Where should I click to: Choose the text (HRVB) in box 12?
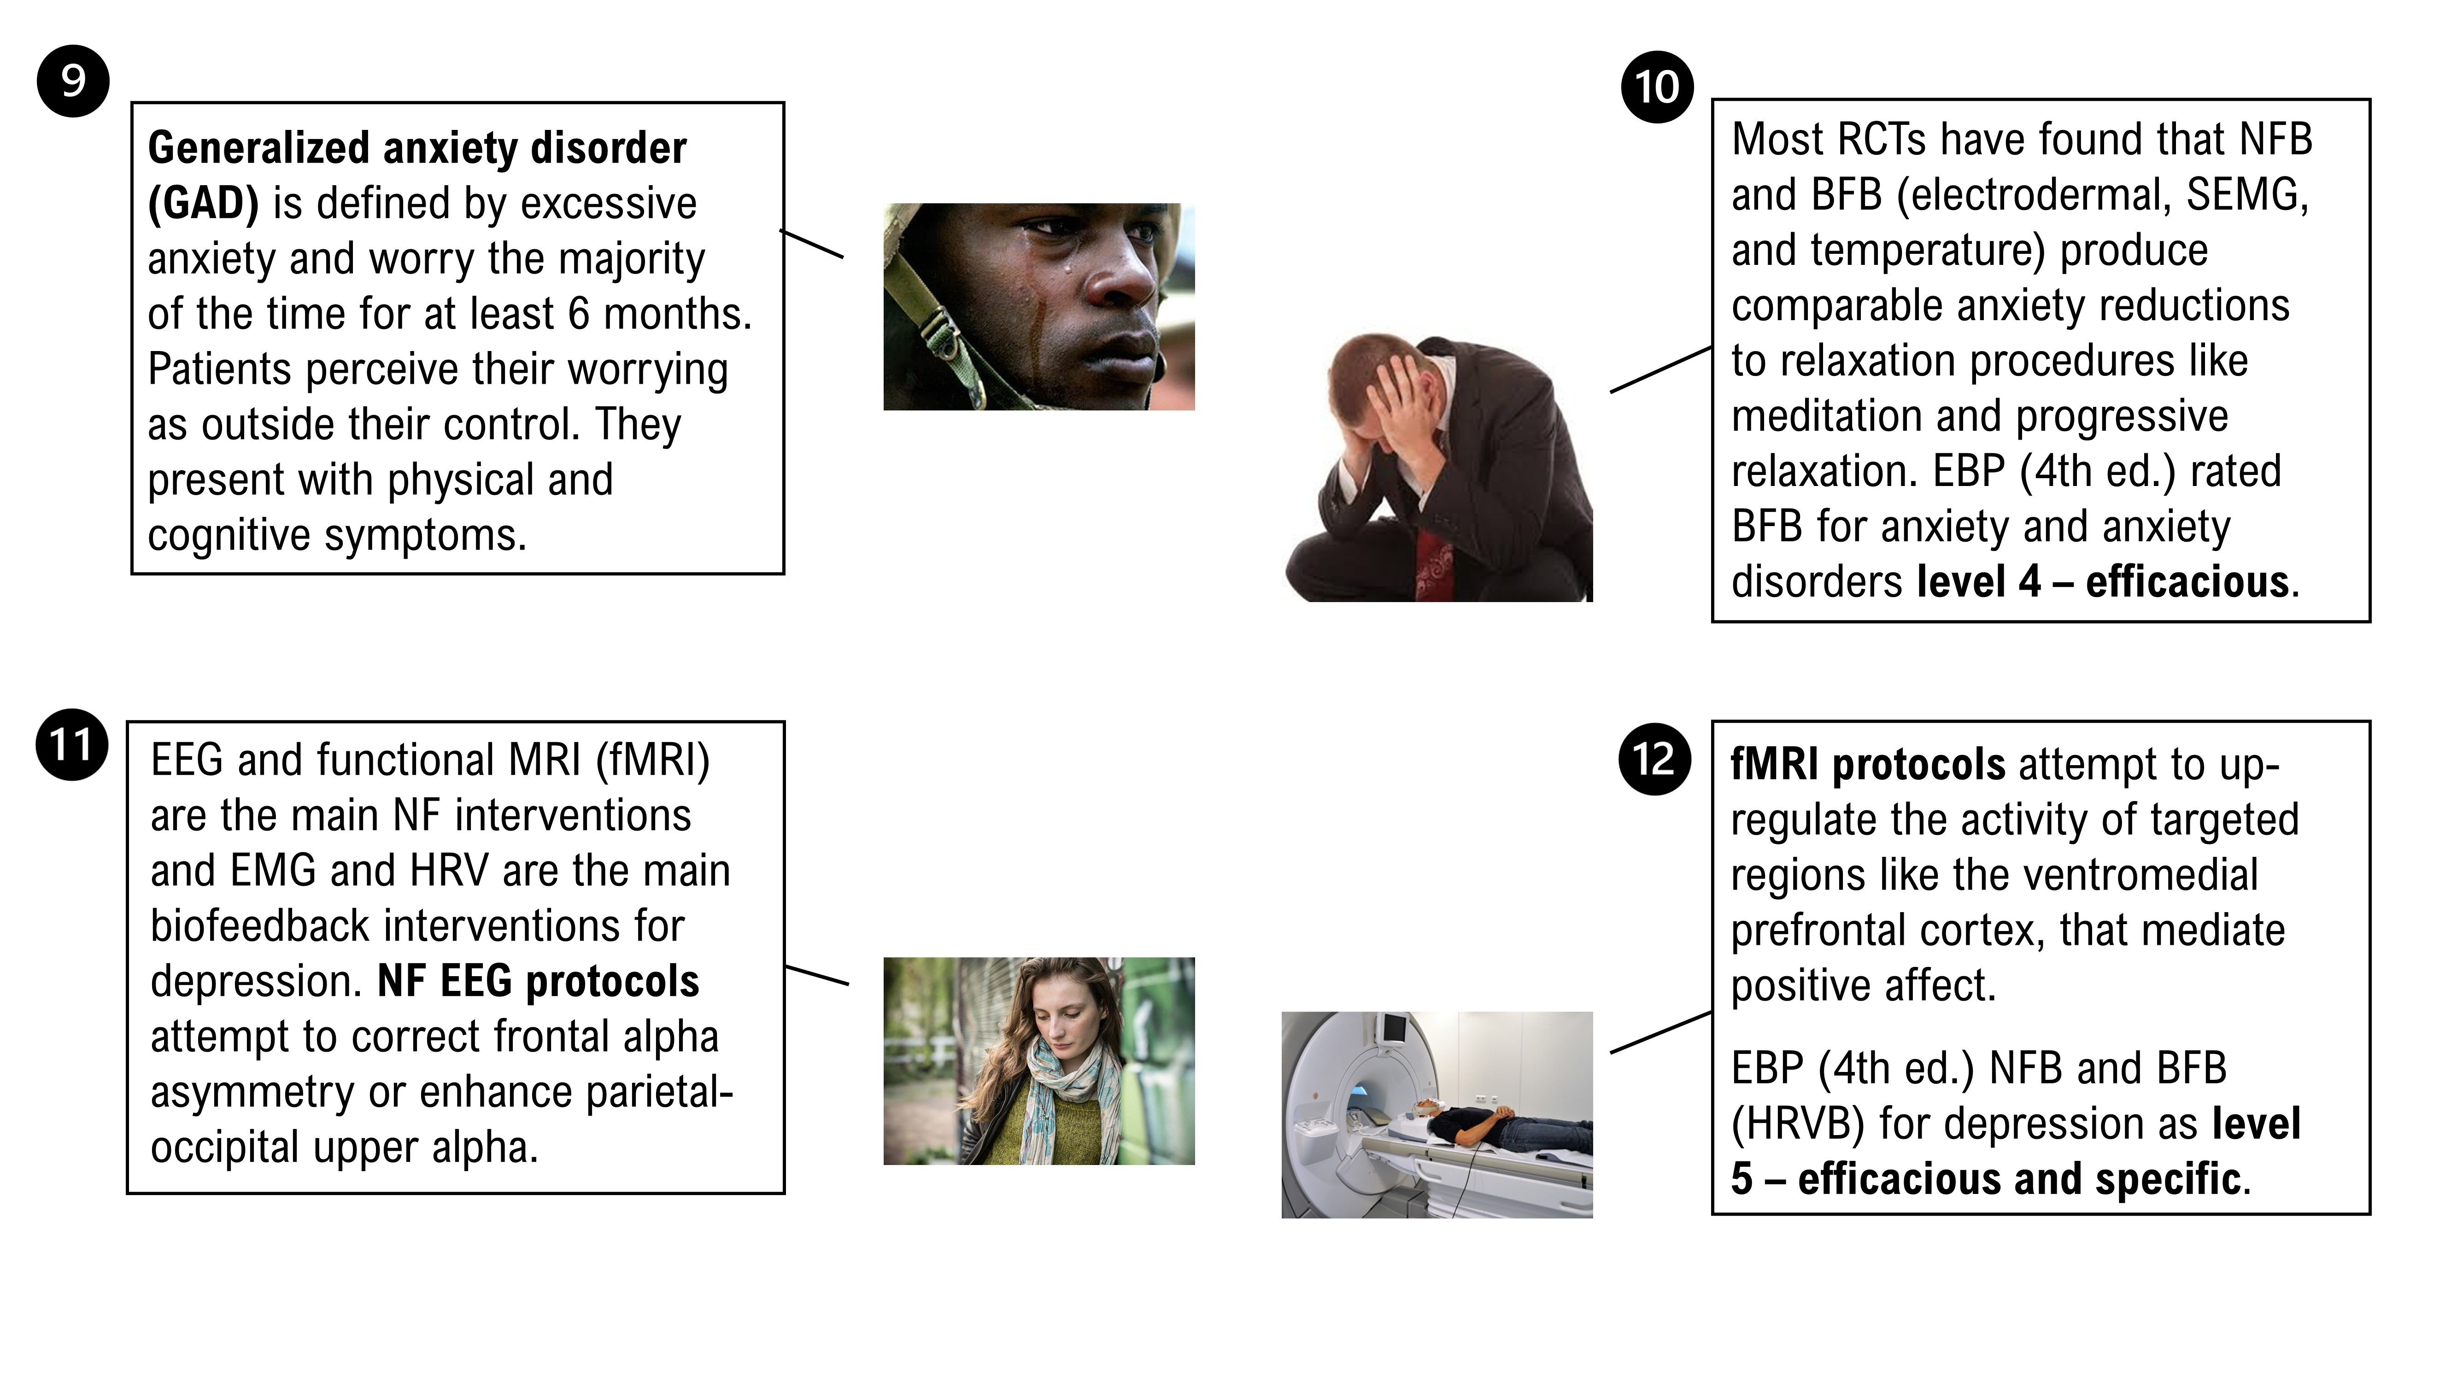[1797, 1124]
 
